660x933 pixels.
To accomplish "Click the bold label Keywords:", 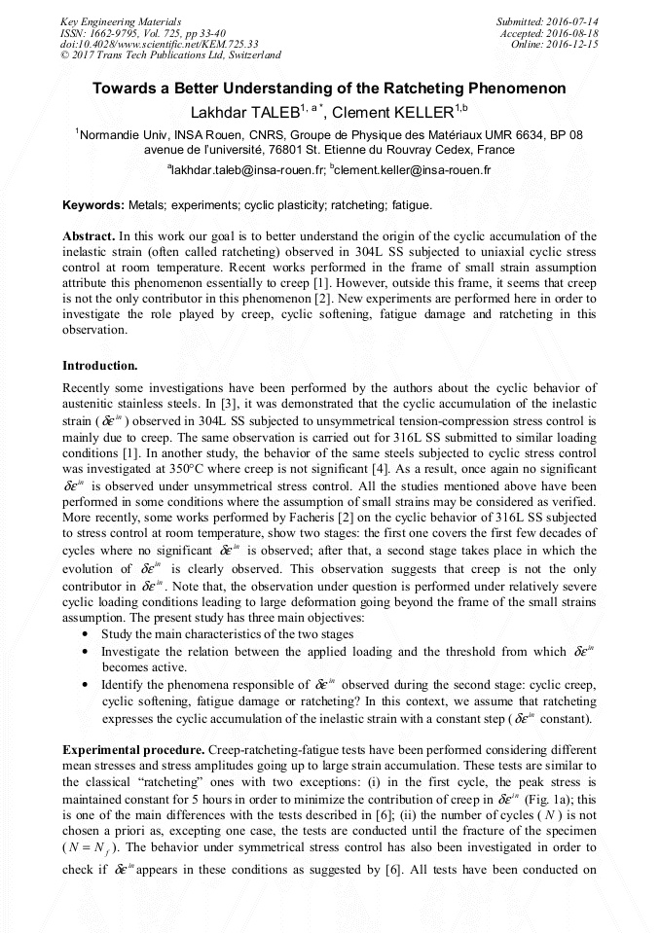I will click(x=93, y=206).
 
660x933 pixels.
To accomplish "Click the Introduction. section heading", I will click(x=100, y=366).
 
